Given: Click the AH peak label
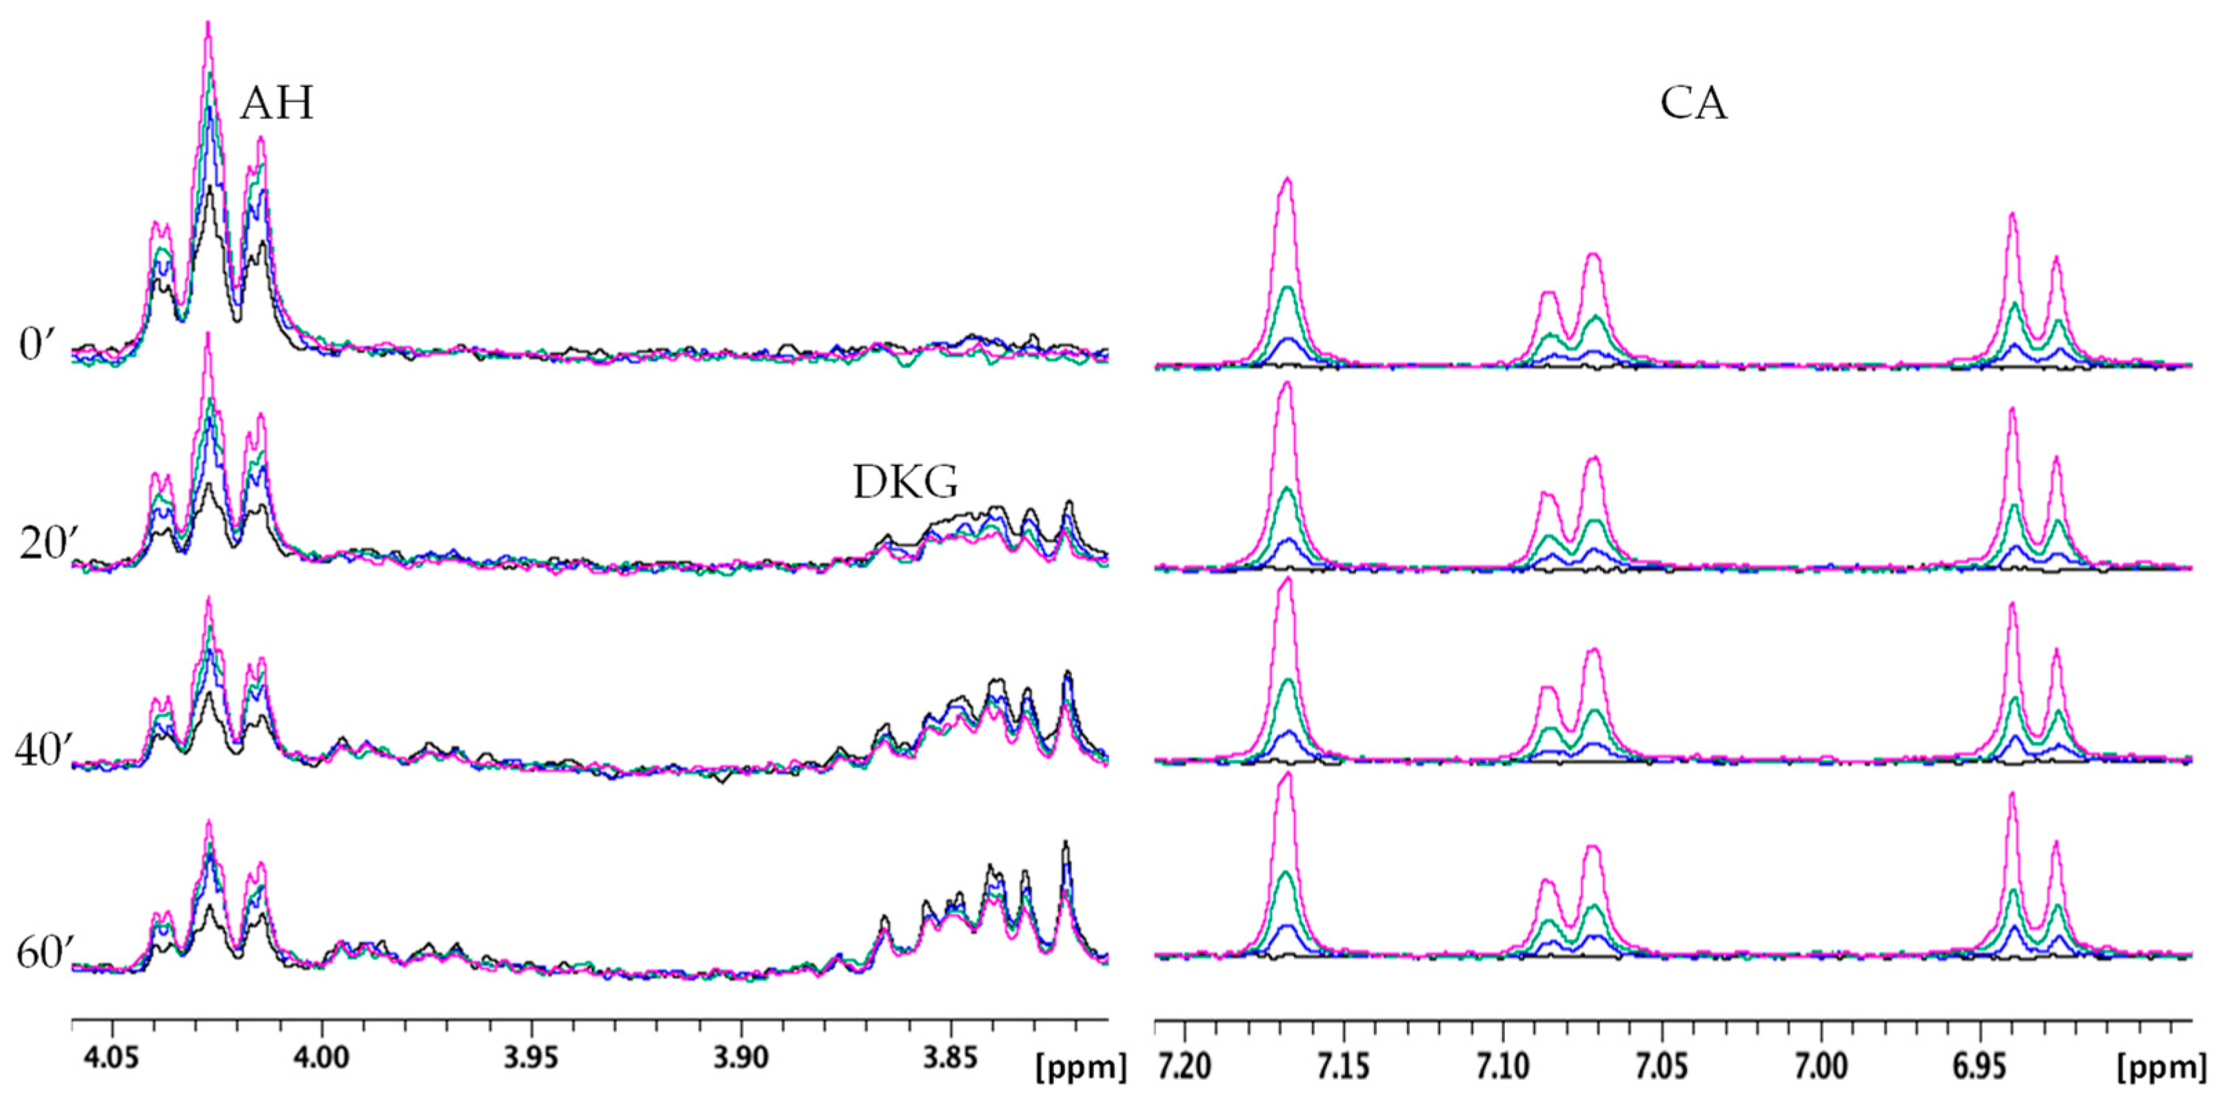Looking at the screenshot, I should pyautogui.click(x=276, y=103).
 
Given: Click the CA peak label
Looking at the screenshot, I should pyautogui.click(x=1693, y=103).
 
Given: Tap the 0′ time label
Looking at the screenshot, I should pyautogui.click(x=38, y=345).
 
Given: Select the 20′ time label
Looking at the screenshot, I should pyautogui.click(x=48, y=545).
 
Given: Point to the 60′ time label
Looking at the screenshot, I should pyautogui.click(x=48, y=955).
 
